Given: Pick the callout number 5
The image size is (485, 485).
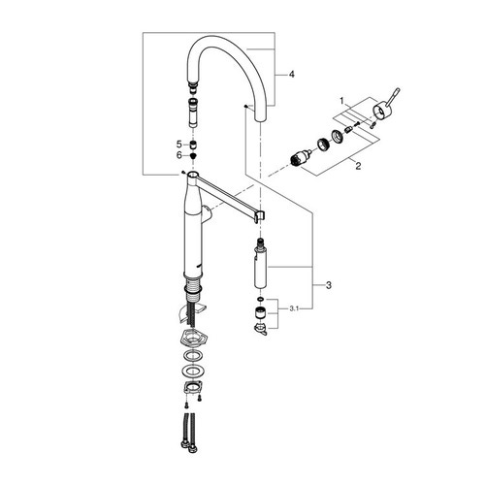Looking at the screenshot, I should (x=179, y=143).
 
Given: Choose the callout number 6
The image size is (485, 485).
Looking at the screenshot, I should (x=179, y=154).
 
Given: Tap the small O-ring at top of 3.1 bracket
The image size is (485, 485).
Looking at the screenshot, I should (x=259, y=297).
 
